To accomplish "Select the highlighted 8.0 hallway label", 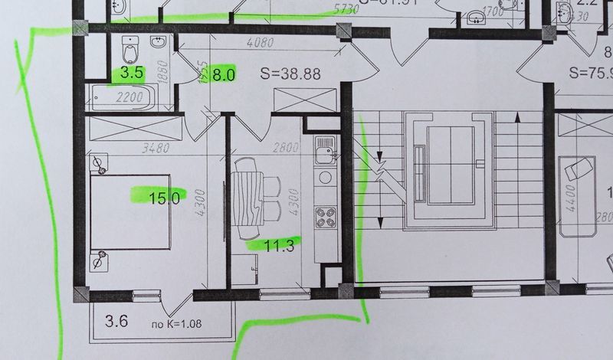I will (x=223, y=75).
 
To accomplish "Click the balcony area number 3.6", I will (x=115, y=321).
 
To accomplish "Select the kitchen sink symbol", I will (x=325, y=147).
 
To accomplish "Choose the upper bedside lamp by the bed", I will (x=99, y=163).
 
